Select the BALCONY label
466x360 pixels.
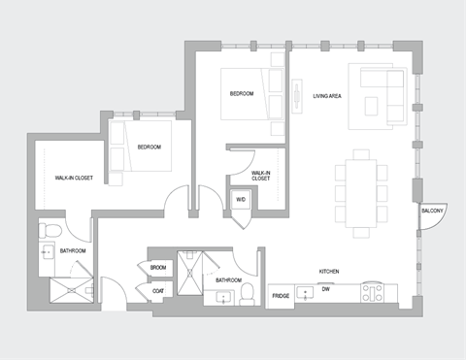pyautogui.click(x=432, y=211)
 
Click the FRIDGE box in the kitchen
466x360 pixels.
pyautogui.click(x=281, y=295)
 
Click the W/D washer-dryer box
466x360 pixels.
pyautogui.click(x=240, y=201)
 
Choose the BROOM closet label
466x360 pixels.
pyautogui.click(x=158, y=266)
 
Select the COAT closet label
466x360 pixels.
pyautogui.click(x=157, y=289)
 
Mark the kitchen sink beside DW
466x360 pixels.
pyautogui.click(x=308, y=290)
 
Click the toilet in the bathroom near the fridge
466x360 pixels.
pyautogui.click(x=247, y=292)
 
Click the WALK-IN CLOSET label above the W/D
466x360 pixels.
pyautogui.click(x=261, y=176)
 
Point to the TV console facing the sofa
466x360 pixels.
pyautogui.click(x=297, y=97)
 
